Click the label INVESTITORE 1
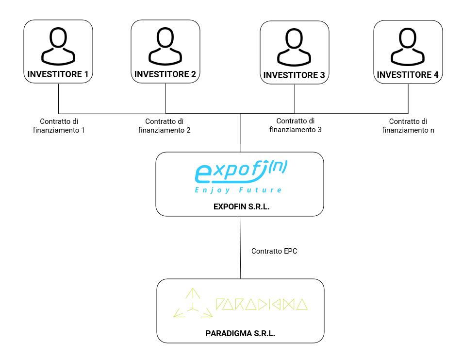(58, 74)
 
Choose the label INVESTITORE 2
(165, 74)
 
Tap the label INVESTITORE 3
(295, 75)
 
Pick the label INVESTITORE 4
(408, 75)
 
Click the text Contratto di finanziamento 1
(59, 125)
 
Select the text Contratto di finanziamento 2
(165, 125)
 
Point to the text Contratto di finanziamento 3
(296, 125)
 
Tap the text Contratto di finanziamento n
(408, 125)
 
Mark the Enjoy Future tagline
(238, 190)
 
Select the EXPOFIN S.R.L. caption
(241, 206)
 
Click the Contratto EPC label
(274, 251)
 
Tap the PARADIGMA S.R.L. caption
(240, 334)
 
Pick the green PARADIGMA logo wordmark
(262, 304)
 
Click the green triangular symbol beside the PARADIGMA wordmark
(193, 304)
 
